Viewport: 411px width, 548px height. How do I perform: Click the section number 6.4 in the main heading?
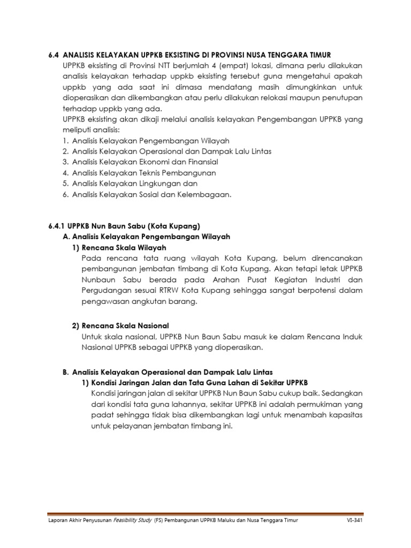53,55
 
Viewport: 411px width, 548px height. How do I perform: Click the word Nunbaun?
99,280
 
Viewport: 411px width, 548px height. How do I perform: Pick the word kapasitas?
343,416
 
